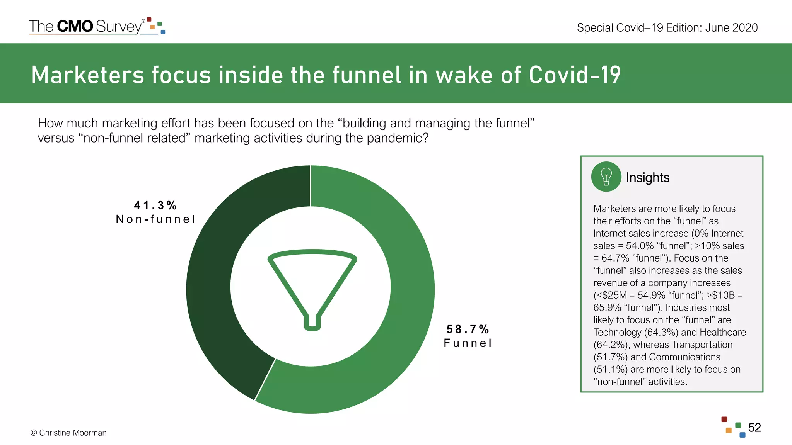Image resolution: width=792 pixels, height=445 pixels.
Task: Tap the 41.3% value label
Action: click(x=155, y=205)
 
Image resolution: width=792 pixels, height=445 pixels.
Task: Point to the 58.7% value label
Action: click(x=468, y=329)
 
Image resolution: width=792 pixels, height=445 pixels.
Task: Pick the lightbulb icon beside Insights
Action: click(x=606, y=177)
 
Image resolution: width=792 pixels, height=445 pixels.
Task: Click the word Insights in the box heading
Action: click(x=647, y=178)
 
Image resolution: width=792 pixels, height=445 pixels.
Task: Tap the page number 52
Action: click(x=754, y=428)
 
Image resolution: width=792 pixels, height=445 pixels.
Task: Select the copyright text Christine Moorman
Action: click(x=73, y=433)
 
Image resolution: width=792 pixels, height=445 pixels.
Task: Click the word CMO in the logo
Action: click(x=75, y=26)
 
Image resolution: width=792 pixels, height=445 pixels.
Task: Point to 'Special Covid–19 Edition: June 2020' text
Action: click(x=667, y=28)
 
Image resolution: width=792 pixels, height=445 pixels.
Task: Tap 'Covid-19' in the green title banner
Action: click(x=574, y=75)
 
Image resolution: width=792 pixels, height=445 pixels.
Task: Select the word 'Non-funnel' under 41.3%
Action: click(x=155, y=219)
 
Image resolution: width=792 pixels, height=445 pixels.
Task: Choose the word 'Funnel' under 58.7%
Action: click(x=468, y=343)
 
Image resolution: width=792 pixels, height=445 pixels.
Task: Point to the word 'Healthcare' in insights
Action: click(x=723, y=333)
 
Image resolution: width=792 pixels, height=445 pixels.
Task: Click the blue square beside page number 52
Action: click(x=742, y=435)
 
